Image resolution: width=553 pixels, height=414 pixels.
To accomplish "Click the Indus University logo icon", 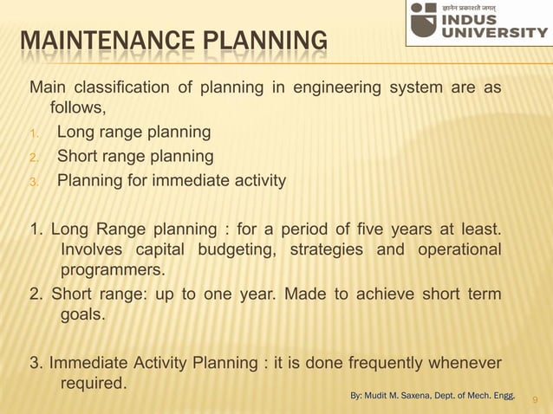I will [x=424, y=20].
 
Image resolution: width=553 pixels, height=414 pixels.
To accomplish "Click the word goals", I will [x=82, y=315].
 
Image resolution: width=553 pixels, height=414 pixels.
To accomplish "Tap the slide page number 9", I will [x=535, y=399].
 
